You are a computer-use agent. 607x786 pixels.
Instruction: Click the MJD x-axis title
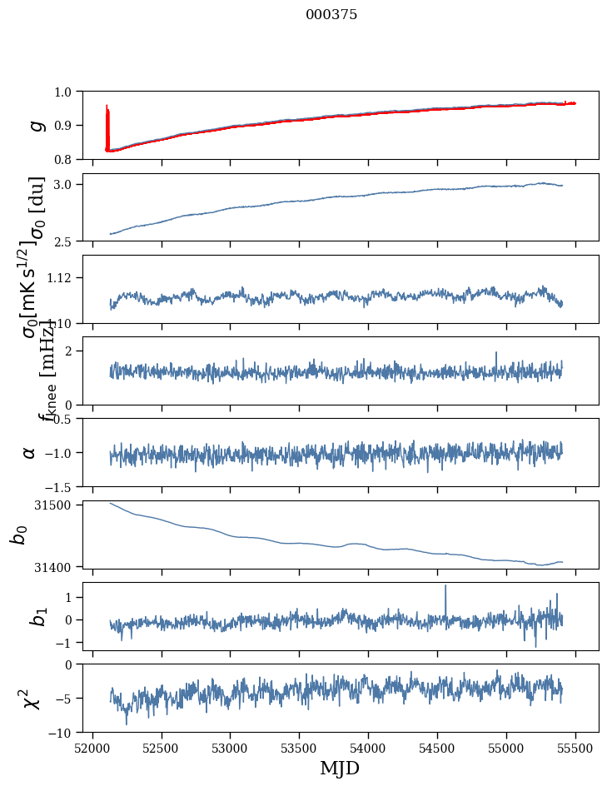340,769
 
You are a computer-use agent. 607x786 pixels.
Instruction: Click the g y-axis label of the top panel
36,125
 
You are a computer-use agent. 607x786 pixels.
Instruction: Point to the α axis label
30,452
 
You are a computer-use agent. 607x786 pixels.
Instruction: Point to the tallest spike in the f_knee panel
496,353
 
